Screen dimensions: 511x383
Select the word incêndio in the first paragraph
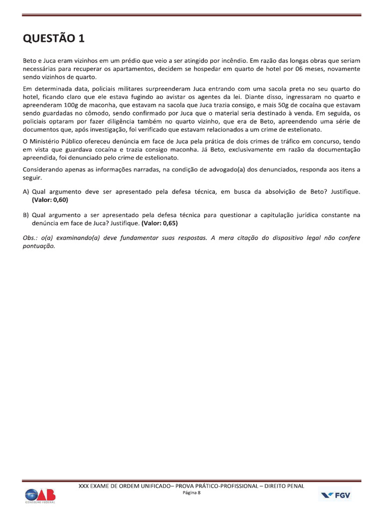point(241,60)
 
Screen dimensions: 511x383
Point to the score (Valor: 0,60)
point(50,200)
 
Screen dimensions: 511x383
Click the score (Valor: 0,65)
point(160,223)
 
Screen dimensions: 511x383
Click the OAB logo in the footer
point(41,495)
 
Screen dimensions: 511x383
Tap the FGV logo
point(335,495)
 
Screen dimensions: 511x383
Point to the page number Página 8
point(191,493)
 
